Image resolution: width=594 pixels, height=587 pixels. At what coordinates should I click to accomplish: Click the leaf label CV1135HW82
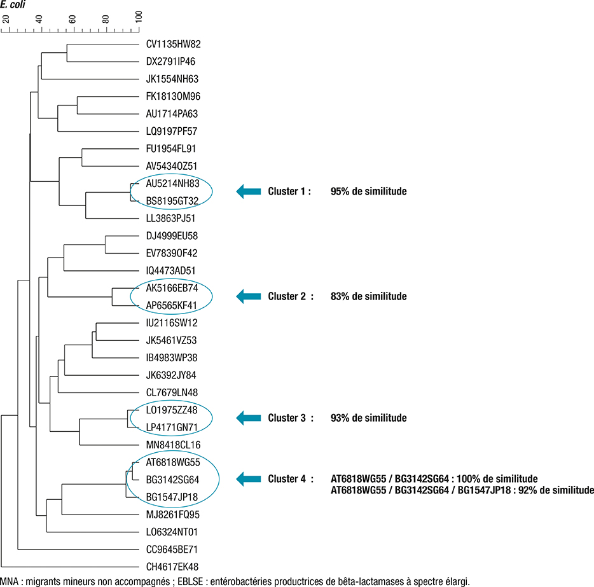click(173, 45)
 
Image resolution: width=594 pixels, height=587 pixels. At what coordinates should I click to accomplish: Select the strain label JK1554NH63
click(172, 79)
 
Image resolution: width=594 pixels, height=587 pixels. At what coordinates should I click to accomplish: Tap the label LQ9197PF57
click(172, 132)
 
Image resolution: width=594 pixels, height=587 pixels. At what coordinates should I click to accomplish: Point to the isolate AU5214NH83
click(172, 184)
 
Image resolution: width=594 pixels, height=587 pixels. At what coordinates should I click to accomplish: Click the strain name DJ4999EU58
click(172, 236)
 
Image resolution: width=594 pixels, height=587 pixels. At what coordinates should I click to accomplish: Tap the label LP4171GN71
click(172, 427)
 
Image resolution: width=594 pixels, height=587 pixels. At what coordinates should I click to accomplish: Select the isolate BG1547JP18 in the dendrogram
click(172, 497)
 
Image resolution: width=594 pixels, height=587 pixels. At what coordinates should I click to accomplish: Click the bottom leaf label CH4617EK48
click(172, 566)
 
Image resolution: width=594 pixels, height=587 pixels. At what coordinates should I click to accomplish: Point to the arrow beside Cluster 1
click(249, 191)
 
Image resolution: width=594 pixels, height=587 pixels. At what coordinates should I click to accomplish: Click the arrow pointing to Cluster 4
click(249, 478)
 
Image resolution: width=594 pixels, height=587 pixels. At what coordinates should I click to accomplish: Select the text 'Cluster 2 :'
click(291, 296)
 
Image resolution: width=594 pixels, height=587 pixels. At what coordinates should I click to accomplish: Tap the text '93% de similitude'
click(368, 418)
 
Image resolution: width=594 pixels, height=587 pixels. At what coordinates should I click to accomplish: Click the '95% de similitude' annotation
click(368, 191)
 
